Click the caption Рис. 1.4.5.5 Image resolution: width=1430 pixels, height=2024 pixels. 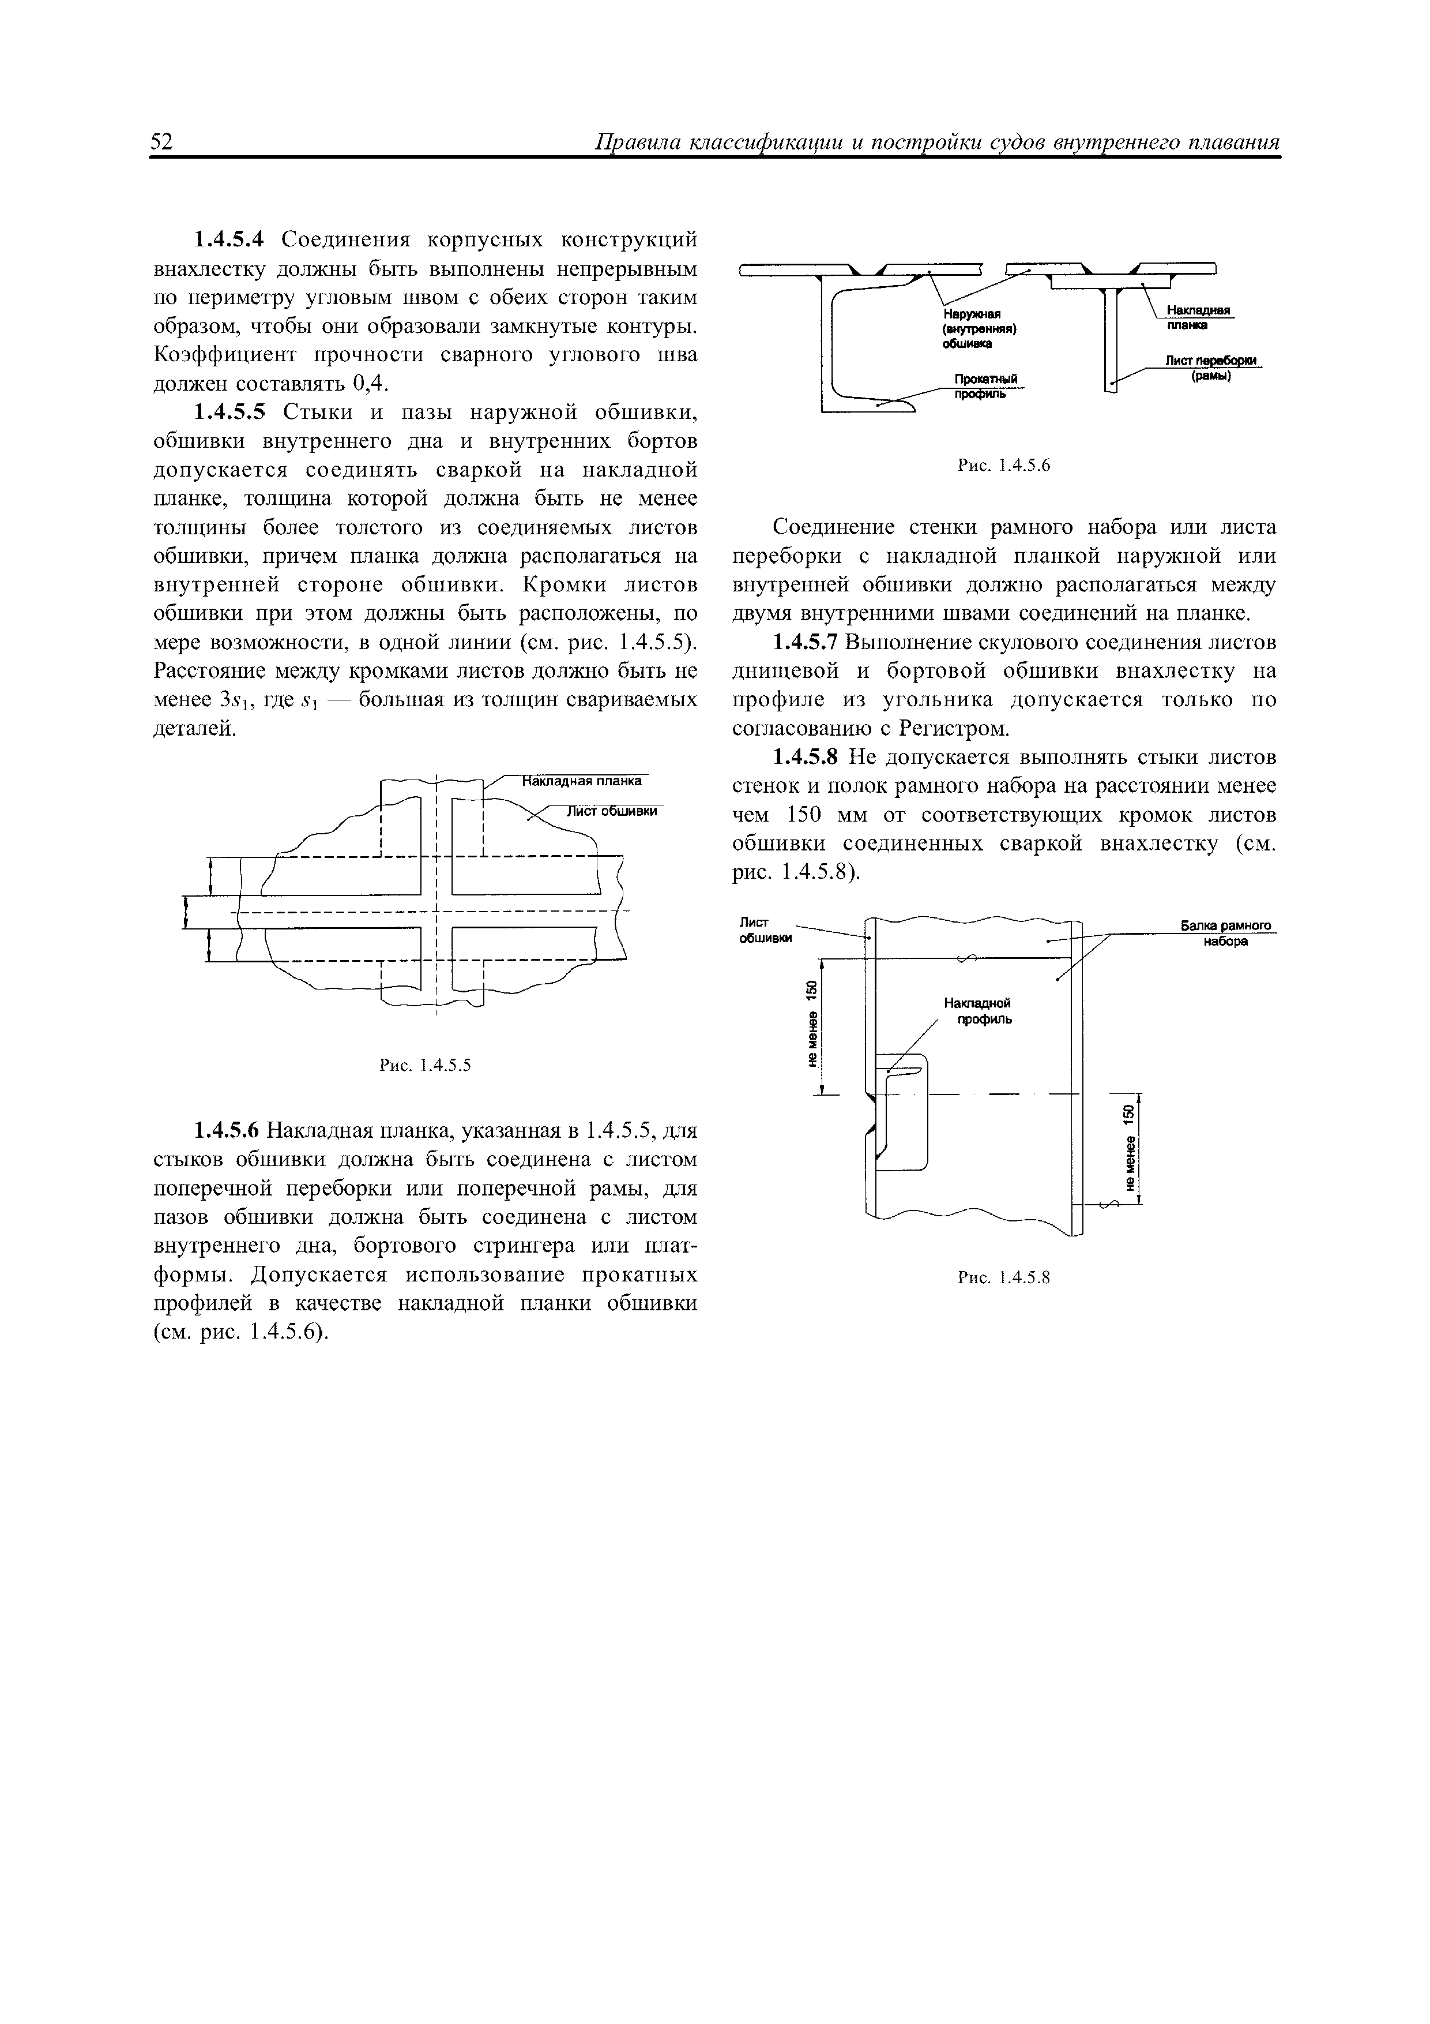(x=426, y=1066)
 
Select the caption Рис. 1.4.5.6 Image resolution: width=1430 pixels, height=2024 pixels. (x=1005, y=466)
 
